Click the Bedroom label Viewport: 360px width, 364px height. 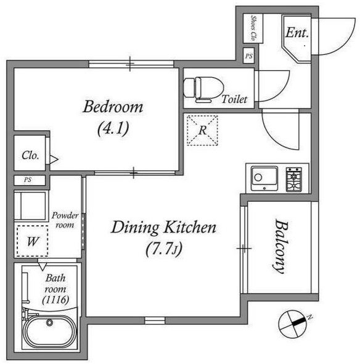click(113, 107)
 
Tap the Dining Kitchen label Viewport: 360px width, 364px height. click(164, 227)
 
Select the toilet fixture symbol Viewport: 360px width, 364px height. click(203, 89)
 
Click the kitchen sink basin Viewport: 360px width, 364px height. click(264, 178)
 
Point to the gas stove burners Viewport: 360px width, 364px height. click(294, 179)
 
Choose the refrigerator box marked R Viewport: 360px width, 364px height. click(202, 130)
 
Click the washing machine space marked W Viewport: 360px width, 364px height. click(33, 241)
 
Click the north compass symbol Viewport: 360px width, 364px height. click(293, 324)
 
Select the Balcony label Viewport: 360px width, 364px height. click(281, 246)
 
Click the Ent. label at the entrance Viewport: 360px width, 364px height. click(297, 33)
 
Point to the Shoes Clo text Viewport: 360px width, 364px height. click(253, 28)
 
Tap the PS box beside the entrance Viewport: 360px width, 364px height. click(248, 56)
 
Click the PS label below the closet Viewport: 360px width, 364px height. click(28, 180)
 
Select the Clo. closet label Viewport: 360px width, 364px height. click(30, 155)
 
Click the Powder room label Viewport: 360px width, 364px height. click(65, 220)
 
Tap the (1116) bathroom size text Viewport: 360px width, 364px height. click(55, 300)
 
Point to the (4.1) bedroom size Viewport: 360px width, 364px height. click(113, 129)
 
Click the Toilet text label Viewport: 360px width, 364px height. click(234, 99)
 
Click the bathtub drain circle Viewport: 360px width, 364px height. click(49, 322)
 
